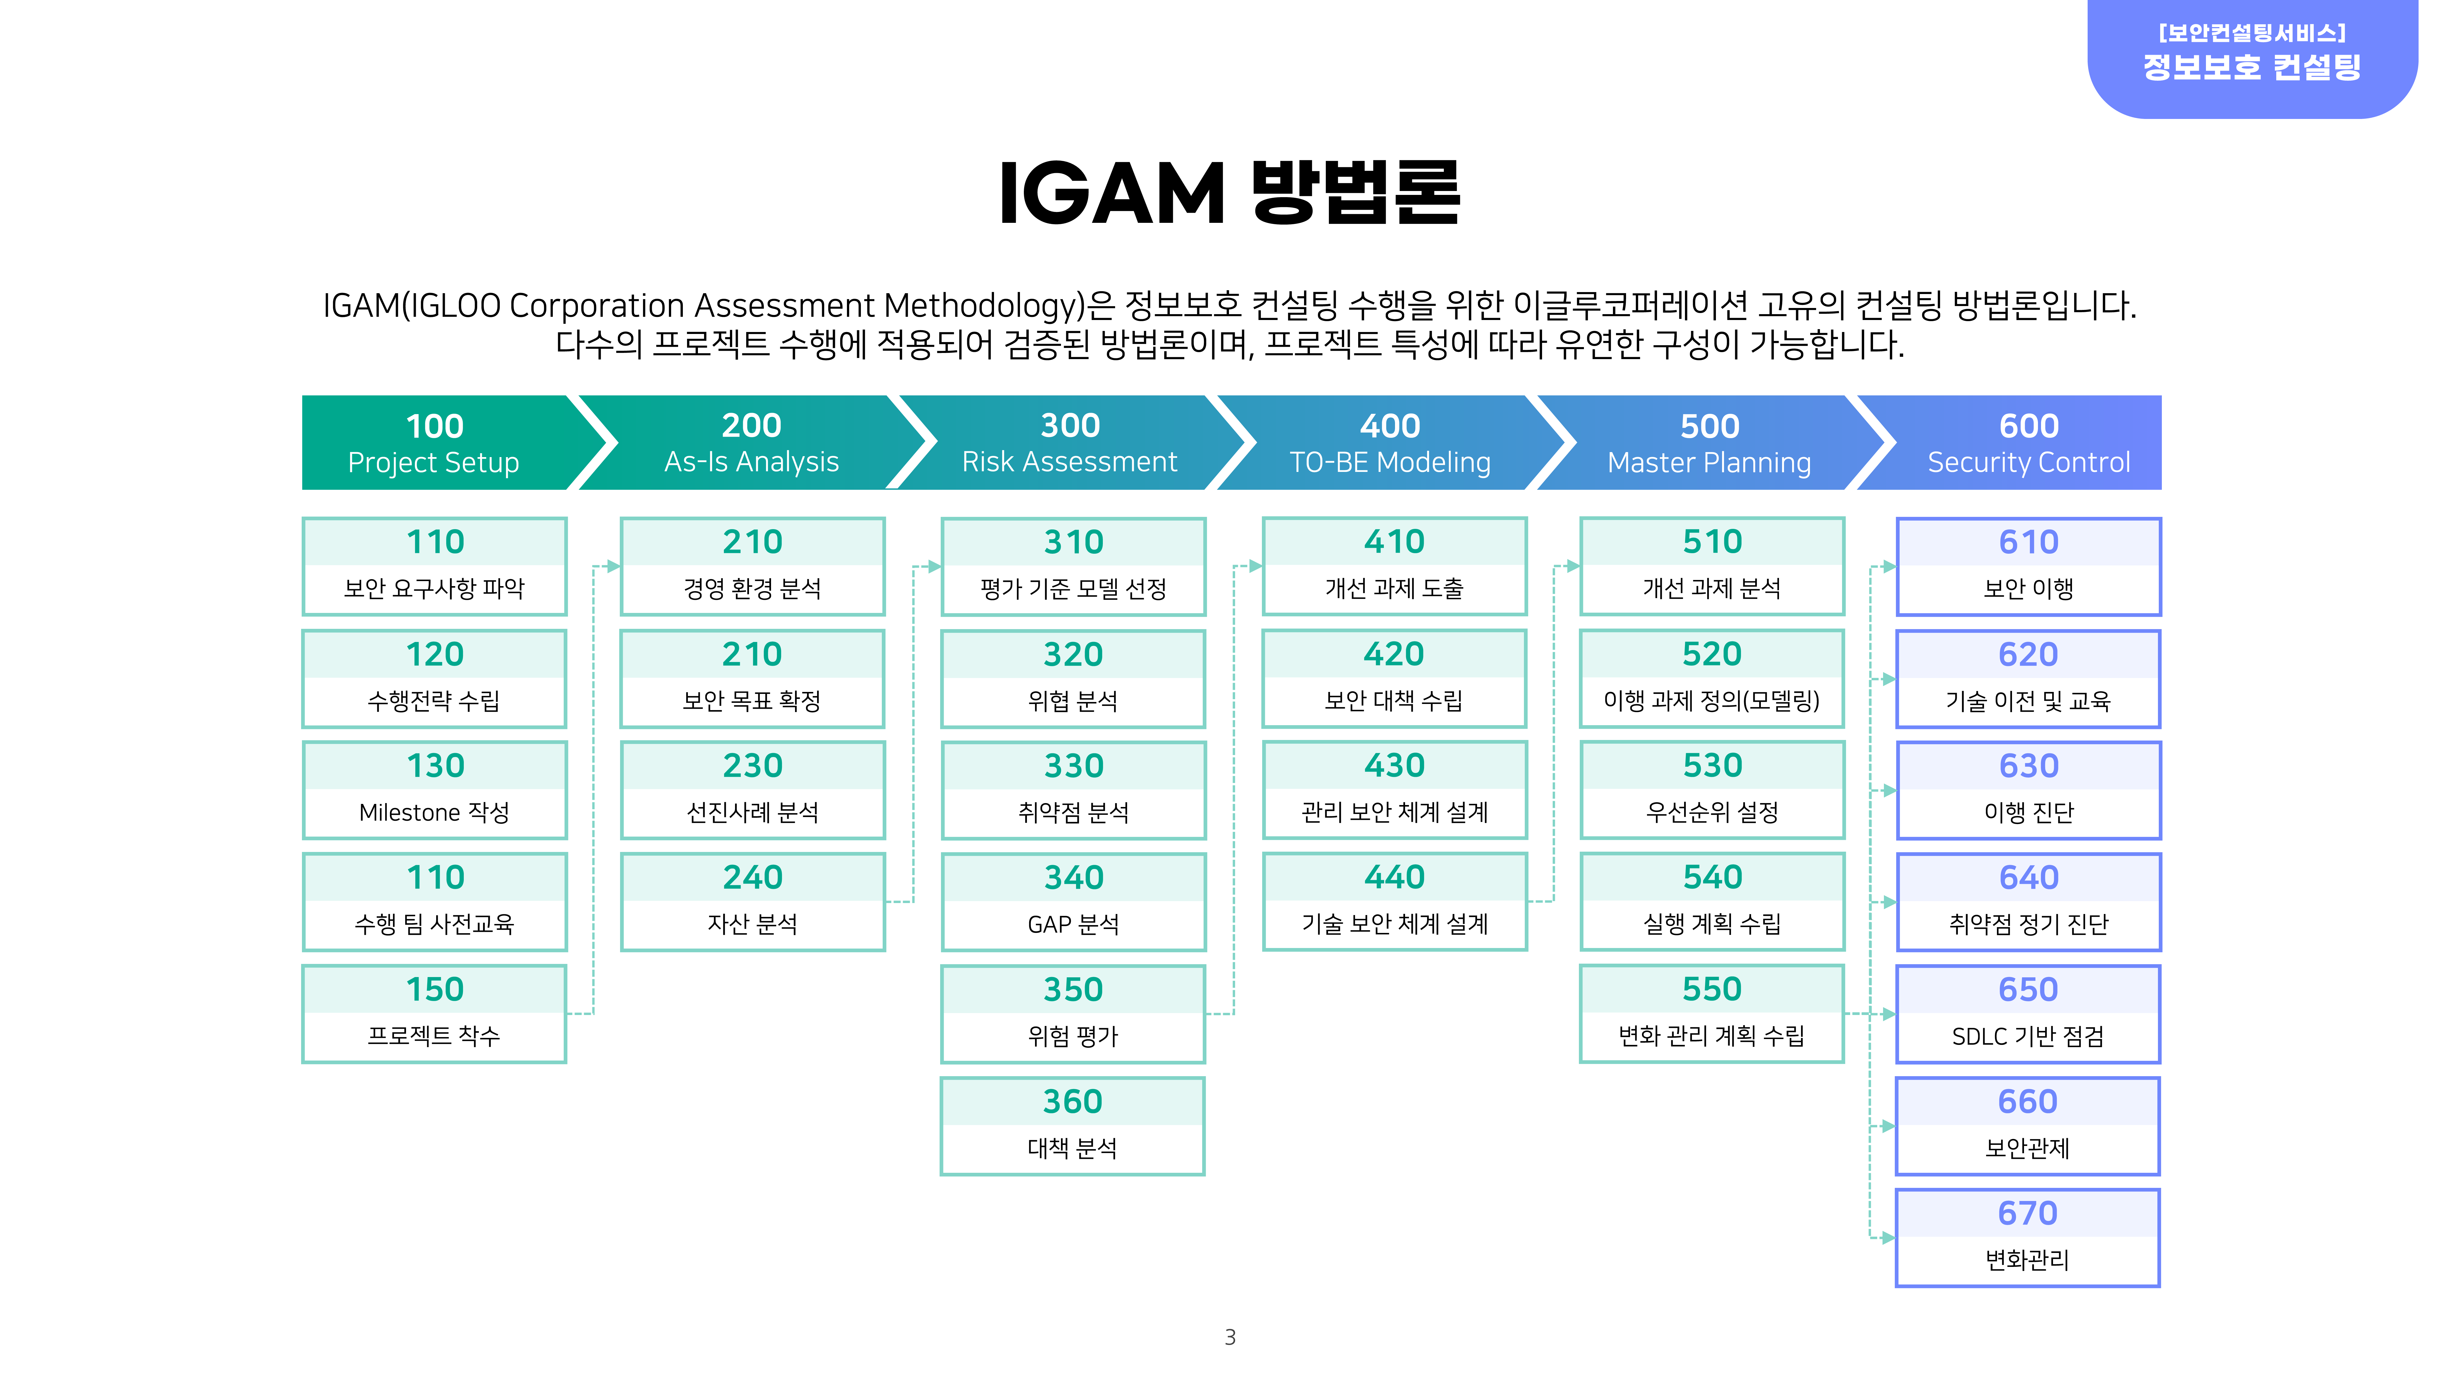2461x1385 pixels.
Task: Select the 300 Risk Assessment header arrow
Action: click(1070, 443)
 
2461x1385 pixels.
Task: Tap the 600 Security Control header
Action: click(2016, 443)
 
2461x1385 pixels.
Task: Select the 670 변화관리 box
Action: click(2028, 1238)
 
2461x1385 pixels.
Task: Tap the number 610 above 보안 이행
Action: click(2028, 542)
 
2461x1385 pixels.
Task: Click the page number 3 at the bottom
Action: click(1231, 1337)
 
